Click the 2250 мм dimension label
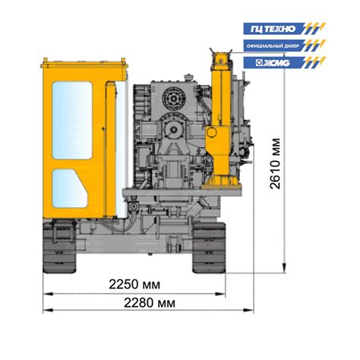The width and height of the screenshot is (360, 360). pos(134,285)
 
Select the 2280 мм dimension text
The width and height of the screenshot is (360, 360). pos(150,303)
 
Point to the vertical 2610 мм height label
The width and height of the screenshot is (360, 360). pos(276,163)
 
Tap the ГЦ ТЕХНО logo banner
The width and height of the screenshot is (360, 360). pos(284,29)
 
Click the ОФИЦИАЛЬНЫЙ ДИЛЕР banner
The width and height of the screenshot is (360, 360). pos(284,46)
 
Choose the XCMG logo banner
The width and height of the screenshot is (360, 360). pos(284,62)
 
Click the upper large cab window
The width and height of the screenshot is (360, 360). pos(72,120)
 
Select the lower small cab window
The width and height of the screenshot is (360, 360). pos(70,188)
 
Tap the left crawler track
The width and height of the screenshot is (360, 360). pos(59,246)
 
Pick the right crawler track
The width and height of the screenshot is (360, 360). pos(209,248)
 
